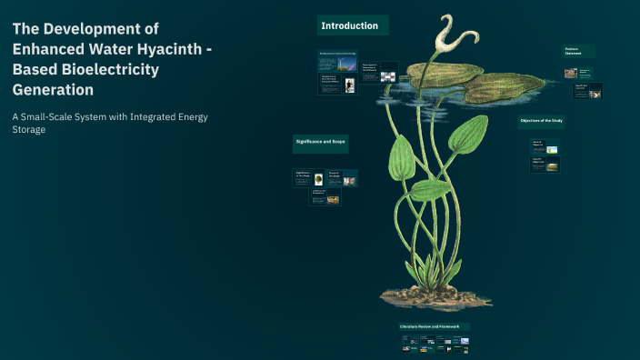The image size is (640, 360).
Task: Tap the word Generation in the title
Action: (53, 90)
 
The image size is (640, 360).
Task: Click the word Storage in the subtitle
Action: (29, 129)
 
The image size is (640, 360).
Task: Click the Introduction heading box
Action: (354, 26)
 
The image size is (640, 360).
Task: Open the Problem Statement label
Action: (579, 51)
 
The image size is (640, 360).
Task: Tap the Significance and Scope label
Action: (321, 142)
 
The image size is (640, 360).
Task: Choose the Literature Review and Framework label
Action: (434, 326)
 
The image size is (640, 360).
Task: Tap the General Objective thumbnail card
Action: (545, 146)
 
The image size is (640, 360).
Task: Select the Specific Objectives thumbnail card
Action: (545, 165)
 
